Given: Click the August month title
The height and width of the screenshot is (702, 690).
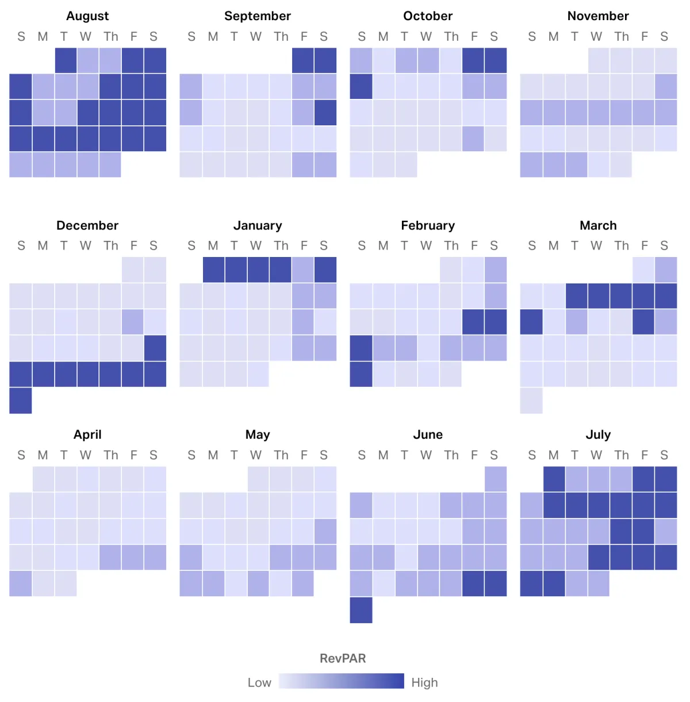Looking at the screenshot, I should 87,16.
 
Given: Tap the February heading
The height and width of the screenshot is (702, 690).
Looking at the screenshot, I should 428,225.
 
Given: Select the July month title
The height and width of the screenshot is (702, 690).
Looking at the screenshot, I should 598,435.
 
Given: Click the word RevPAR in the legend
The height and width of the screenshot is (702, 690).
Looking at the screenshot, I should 343,658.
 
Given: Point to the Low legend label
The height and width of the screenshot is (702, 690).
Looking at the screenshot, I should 259,682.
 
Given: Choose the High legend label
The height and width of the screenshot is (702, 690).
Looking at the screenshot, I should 424,682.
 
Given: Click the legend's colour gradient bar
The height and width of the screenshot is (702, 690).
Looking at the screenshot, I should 342,681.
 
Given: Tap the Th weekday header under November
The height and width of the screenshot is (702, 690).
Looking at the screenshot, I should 622,37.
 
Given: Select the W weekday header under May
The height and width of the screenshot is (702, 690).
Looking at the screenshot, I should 256,455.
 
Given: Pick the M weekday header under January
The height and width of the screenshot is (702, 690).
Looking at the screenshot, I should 213,246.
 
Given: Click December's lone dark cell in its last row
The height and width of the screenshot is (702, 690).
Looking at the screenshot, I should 21,400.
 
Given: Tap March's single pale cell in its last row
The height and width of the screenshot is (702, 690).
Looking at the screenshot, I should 531,400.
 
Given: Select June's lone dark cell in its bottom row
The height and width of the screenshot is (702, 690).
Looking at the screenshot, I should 361,609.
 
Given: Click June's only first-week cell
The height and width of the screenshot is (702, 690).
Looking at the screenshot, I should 496,479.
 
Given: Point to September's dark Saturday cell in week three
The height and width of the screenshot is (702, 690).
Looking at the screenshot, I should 325,113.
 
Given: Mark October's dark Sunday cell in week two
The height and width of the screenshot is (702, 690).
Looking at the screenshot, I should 361,86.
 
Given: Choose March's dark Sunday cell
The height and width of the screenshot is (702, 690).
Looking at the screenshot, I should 531,322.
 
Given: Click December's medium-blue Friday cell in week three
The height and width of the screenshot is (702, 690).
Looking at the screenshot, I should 133,322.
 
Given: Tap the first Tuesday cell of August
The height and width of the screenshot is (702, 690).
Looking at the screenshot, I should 66,60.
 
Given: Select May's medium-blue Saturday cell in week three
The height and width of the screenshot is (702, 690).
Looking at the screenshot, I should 325,531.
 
